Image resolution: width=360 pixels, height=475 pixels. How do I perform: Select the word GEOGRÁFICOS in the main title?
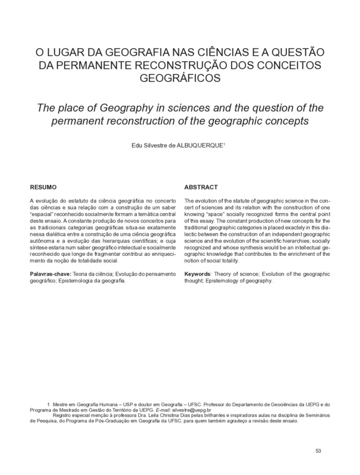click(179, 77)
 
